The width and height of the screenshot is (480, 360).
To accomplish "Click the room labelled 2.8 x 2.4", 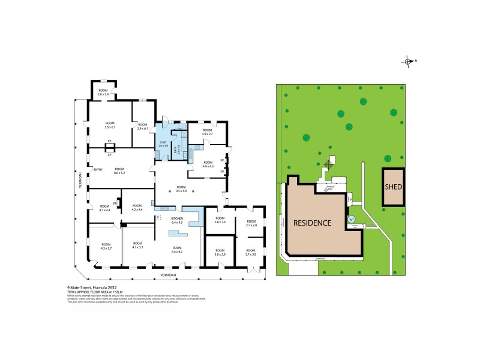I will tap(103, 92).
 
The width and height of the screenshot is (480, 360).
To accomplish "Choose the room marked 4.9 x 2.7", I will tap(207, 131).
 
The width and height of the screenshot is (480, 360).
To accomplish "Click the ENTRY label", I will tap(98, 169).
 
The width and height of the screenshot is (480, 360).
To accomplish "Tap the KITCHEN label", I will tap(177, 220).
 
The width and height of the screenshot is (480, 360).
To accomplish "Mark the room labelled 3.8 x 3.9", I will tap(220, 252).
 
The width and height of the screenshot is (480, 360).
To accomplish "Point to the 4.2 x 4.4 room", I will tap(137, 207).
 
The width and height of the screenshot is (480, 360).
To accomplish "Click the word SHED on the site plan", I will tap(394, 187).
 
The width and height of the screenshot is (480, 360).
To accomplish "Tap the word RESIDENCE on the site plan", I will tap(312, 223).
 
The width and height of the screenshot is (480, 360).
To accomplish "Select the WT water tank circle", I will tap(352, 219).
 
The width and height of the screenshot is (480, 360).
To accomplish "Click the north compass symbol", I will tap(409, 61).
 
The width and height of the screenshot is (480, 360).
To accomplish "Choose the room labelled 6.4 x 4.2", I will tap(177, 250).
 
